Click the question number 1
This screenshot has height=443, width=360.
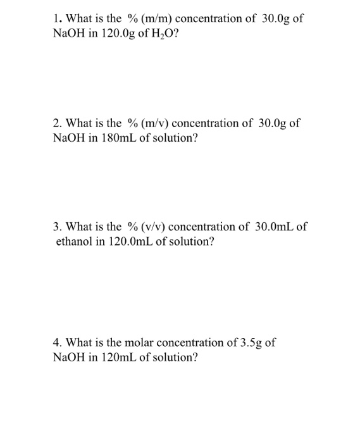tap(56, 18)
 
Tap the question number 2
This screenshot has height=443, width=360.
tap(57, 123)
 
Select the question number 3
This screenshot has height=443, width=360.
tap(57, 227)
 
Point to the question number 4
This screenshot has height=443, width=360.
tap(57, 343)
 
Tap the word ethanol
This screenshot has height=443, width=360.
tap(75, 241)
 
